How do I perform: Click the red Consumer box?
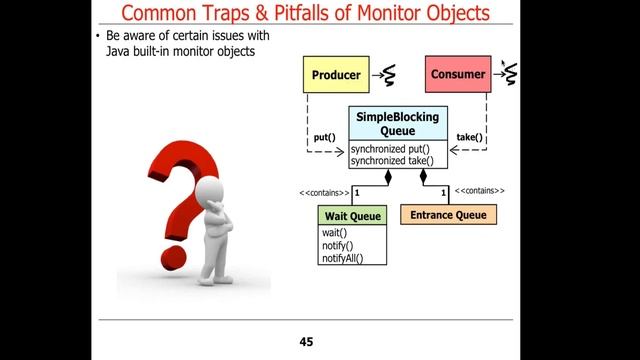pyautogui.click(x=458, y=75)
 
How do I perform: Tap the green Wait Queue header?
pyautogui.click(x=351, y=216)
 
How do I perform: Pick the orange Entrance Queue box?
pyautogui.click(x=447, y=215)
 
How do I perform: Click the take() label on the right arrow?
pyautogui.click(x=469, y=137)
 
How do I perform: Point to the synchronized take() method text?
pyautogui.click(x=391, y=161)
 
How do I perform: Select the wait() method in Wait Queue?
pyautogui.click(x=334, y=233)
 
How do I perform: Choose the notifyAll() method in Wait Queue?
pyautogui.click(x=341, y=258)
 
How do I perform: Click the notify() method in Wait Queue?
pyautogui.click(x=337, y=245)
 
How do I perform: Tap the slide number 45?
pyautogui.click(x=307, y=342)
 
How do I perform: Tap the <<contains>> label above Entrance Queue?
pyautogui.click(x=479, y=190)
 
